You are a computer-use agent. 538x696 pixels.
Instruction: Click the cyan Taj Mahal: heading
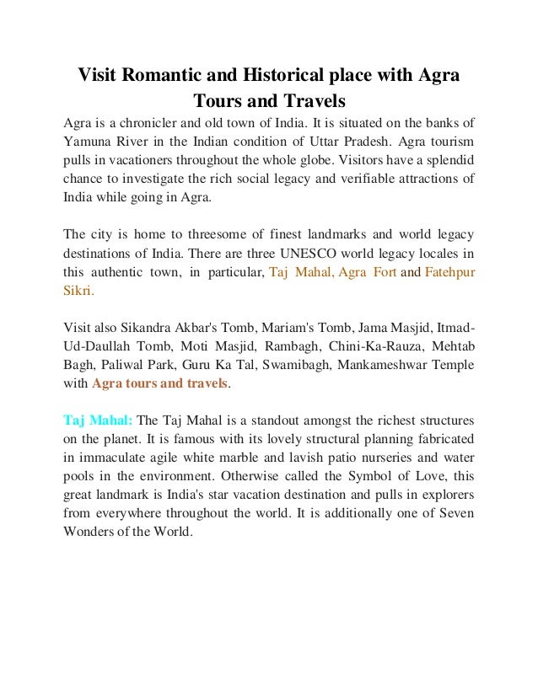click(98, 420)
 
